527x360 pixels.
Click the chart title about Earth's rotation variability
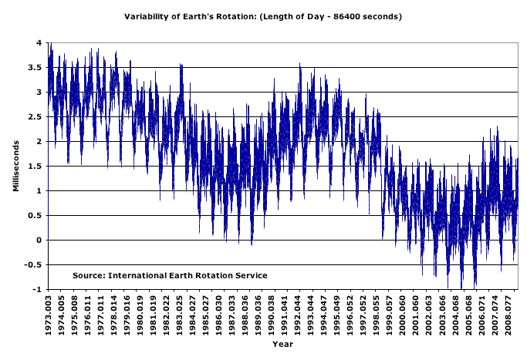click(263, 15)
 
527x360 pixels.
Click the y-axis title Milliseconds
click(15, 166)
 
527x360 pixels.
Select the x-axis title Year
click(282, 344)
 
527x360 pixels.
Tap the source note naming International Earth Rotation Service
click(170, 275)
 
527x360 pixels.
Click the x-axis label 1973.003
click(49, 314)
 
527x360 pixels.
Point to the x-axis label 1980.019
click(140, 314)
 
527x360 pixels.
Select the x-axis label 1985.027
click(205, 314)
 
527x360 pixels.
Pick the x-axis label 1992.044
click(298, 314)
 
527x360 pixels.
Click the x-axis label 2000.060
click(403, 314)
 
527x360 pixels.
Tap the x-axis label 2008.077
click(508, 314)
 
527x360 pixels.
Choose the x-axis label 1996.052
click(350, 314)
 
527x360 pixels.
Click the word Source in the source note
click(88, 275)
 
